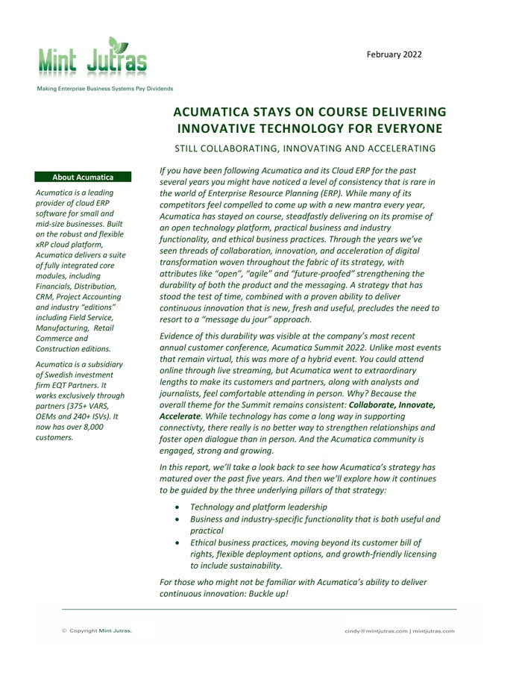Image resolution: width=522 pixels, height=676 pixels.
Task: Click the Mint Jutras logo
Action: pos(93,58)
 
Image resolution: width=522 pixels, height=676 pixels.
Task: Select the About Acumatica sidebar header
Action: pos(83,177)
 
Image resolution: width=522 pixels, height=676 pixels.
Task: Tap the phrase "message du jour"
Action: pos(248,319)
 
